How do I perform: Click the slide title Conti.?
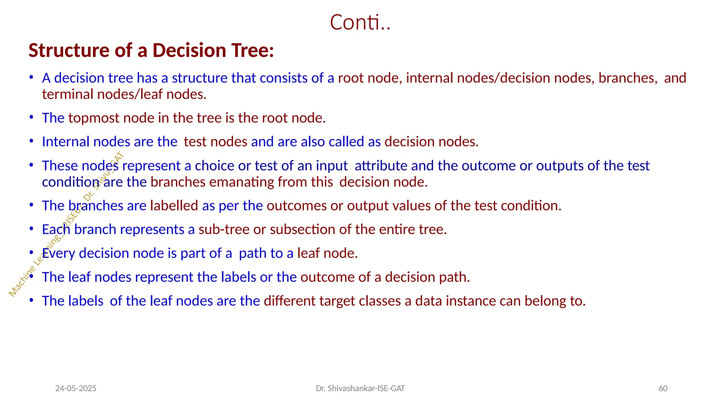[360, 22]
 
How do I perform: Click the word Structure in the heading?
[69, 50]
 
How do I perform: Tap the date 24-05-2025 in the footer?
[76, 388]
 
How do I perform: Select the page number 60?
[663, 388]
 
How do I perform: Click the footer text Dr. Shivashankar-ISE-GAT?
[360, 388]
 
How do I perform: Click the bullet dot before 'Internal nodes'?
[31, 141]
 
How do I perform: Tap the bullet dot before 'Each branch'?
[31, 229]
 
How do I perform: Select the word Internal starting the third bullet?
[65, 142]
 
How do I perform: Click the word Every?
[59, 253]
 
